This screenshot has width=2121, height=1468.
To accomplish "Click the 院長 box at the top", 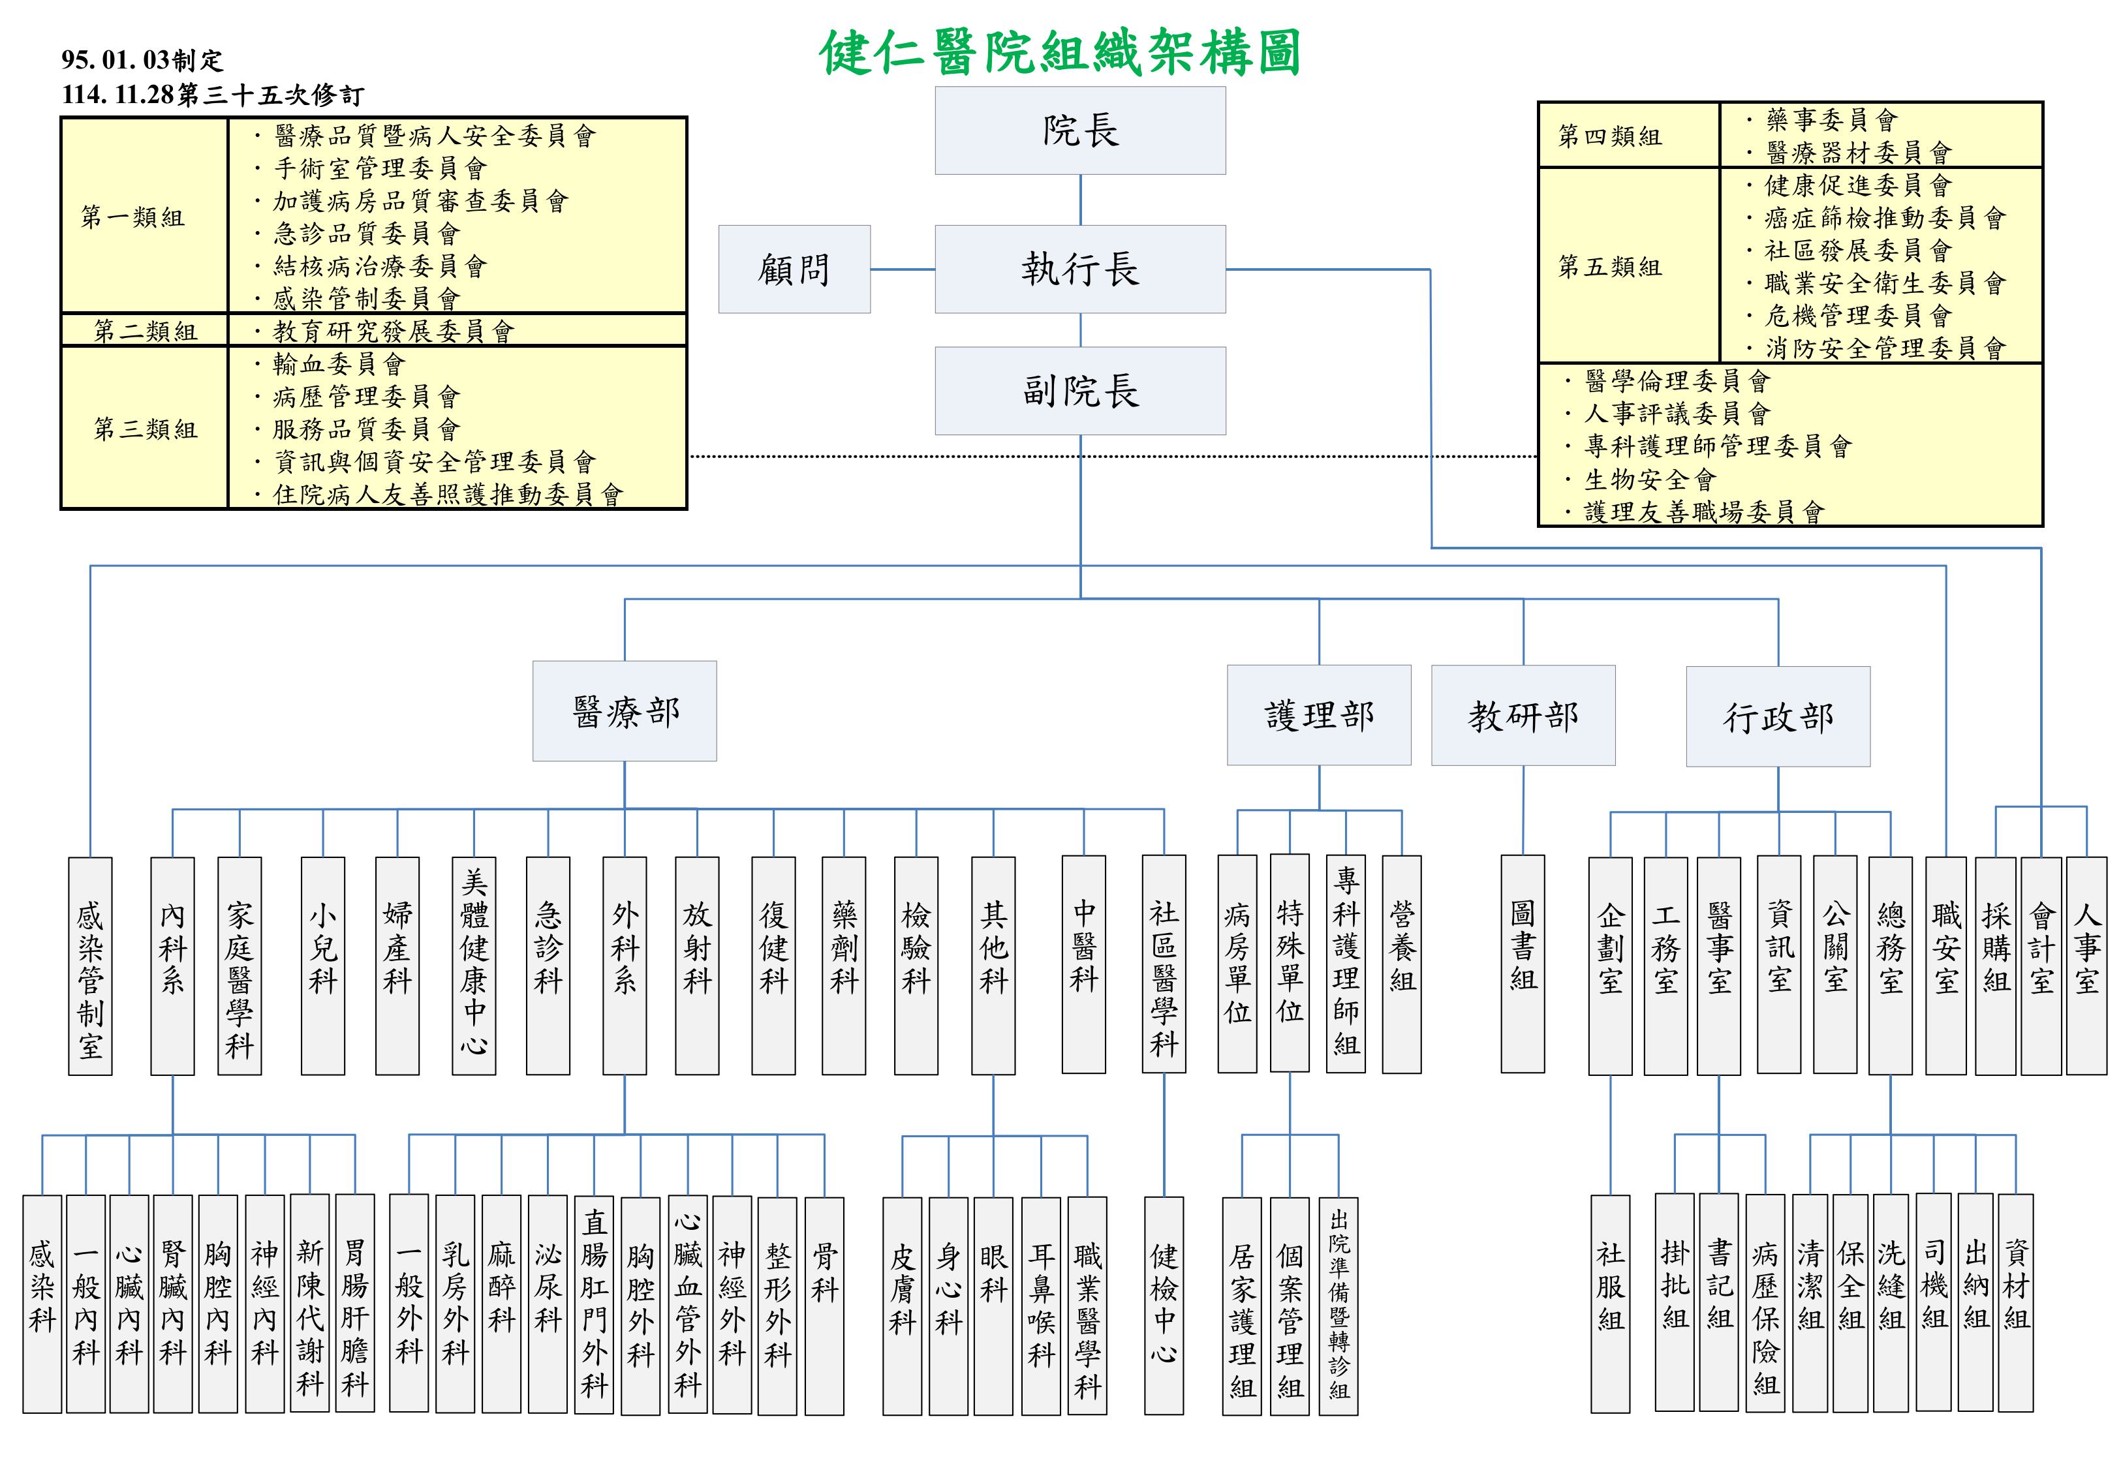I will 1080,130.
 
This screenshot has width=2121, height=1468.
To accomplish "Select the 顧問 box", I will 794,269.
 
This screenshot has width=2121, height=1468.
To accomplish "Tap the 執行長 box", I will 1080,269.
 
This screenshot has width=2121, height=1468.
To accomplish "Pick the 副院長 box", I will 1080,391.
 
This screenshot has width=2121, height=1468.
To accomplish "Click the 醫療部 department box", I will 625,711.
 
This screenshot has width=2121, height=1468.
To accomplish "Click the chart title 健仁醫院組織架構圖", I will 1060,52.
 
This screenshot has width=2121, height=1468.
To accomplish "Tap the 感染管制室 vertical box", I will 90,966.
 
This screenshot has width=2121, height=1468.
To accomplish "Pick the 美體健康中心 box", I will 474,966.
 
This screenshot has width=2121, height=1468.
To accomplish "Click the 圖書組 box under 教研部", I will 1523,963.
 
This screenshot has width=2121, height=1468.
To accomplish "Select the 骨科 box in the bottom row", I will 824,1305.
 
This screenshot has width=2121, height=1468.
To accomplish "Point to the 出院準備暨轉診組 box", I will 1339,1305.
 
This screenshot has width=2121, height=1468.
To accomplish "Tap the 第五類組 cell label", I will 1609,267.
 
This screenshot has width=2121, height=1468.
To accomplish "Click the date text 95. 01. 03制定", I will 142,60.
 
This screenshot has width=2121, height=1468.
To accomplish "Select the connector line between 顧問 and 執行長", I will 903,269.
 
